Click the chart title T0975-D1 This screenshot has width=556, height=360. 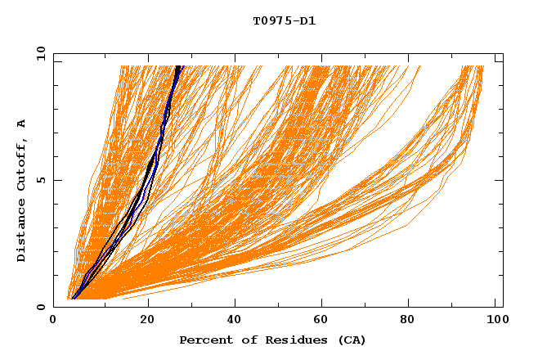click(284, 20)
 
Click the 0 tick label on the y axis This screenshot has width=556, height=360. click(40, 307)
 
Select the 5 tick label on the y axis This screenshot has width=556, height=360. click(40, 180)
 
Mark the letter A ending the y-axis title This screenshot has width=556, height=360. click(21, 124)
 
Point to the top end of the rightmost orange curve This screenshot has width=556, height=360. click(482, 66)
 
